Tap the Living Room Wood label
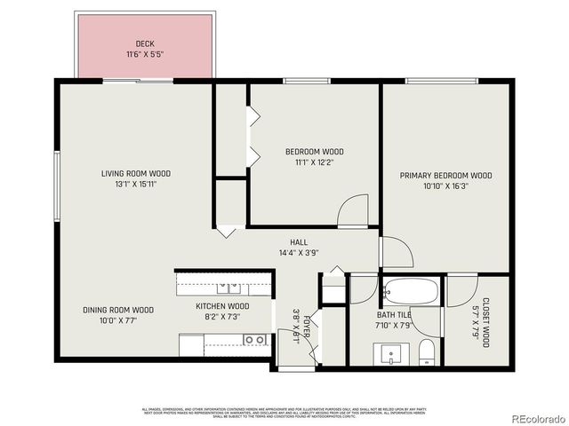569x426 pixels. point(135,174)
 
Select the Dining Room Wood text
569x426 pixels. point(118,310)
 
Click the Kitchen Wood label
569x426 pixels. point(222,306)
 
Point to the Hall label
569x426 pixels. point(299,242)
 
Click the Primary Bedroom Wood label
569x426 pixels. point(445,176)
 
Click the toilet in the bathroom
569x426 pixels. point(427,352)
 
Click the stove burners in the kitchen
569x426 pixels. point(255,339)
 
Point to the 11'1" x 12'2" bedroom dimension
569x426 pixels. point(314,162)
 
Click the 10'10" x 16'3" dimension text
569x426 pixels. point(445,186)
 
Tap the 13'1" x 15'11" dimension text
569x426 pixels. point(135,185)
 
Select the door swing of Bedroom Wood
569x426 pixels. point(355,211)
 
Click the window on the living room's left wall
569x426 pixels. point(56,185)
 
